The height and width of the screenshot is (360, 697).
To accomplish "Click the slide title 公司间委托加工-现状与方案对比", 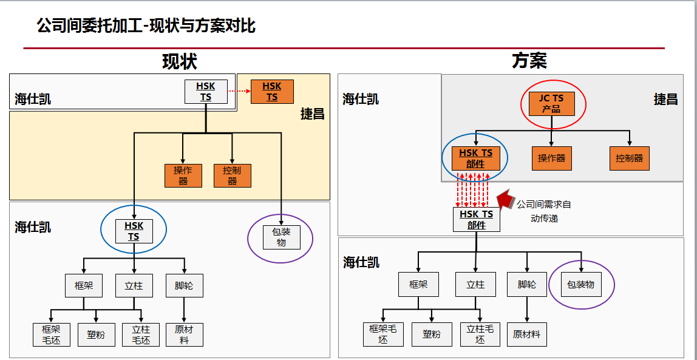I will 146,26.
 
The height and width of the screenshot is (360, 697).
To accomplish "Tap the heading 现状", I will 180,61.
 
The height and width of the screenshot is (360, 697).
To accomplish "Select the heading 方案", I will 529,61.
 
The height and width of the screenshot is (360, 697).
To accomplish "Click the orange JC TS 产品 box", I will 551,104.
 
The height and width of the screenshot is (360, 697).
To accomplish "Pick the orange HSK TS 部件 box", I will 475,158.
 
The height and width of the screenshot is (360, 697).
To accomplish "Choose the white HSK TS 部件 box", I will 477,219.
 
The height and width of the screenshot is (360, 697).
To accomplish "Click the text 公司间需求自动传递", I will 543,211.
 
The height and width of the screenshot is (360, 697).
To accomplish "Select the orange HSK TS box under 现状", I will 272,92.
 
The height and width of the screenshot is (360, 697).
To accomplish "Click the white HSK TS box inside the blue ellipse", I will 134,231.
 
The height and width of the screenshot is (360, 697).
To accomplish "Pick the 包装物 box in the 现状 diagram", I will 281,237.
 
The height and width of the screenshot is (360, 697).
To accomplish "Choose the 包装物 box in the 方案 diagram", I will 581,284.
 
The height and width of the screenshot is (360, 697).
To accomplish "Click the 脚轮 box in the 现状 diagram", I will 184,285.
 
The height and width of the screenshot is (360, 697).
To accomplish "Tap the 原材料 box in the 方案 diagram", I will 526,334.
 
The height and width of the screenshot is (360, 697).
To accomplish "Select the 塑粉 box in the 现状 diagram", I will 96,335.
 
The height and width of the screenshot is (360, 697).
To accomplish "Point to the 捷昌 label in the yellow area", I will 312,114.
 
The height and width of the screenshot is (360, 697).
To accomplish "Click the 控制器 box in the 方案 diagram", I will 629,158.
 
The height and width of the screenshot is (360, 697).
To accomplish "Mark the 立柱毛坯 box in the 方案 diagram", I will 480,334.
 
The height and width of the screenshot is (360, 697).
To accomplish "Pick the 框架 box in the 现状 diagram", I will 84,285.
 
